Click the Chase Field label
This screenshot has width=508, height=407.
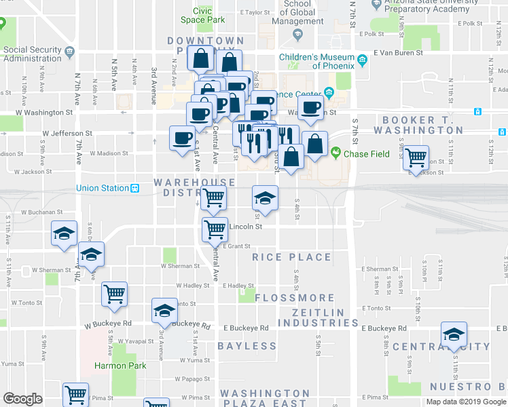[x=366, y=154]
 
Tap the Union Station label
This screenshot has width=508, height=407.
[x=102, y=188]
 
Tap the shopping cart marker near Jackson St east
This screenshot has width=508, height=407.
[x=416, y=158]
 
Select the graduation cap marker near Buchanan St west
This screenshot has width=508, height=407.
[x=65, y=235]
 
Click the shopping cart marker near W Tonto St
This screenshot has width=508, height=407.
[x=115, y=294]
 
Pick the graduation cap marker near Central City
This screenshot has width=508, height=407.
[x=454, y=334]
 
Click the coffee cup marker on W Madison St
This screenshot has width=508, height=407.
[x=182, y=138]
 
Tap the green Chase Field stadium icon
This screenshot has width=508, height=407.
[x=335, y=154]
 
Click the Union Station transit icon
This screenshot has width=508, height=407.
[x=135, y=188]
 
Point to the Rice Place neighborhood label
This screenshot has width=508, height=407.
[x=291, y=257]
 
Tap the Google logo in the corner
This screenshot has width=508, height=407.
[x=23, y=399]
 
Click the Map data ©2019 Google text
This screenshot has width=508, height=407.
[x=466, y=402]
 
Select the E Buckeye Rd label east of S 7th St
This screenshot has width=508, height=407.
[x=384, y=328]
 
